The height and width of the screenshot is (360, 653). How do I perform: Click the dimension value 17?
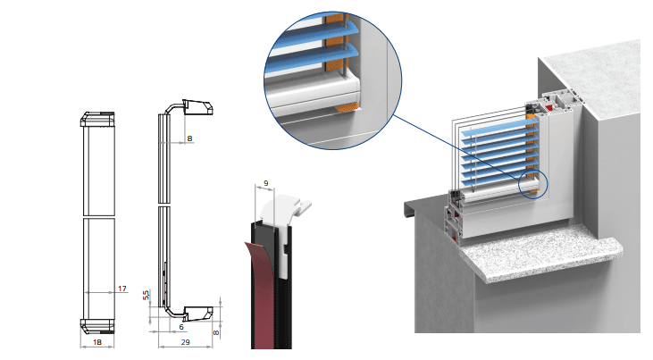click(x=122, y=288)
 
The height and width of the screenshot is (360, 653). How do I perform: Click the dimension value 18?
click(x=97, y=341)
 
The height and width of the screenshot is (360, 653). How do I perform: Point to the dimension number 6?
click(x=170, y=327)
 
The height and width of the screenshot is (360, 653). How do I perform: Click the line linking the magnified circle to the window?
click(x=451, y=147)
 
